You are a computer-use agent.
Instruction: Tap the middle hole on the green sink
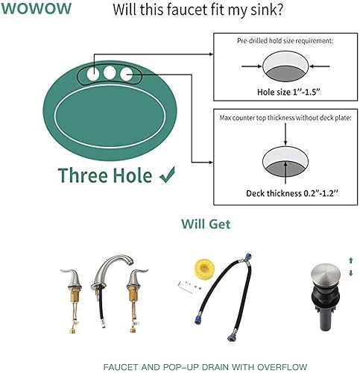(112, 74)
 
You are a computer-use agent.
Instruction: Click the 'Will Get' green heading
(206, 223)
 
